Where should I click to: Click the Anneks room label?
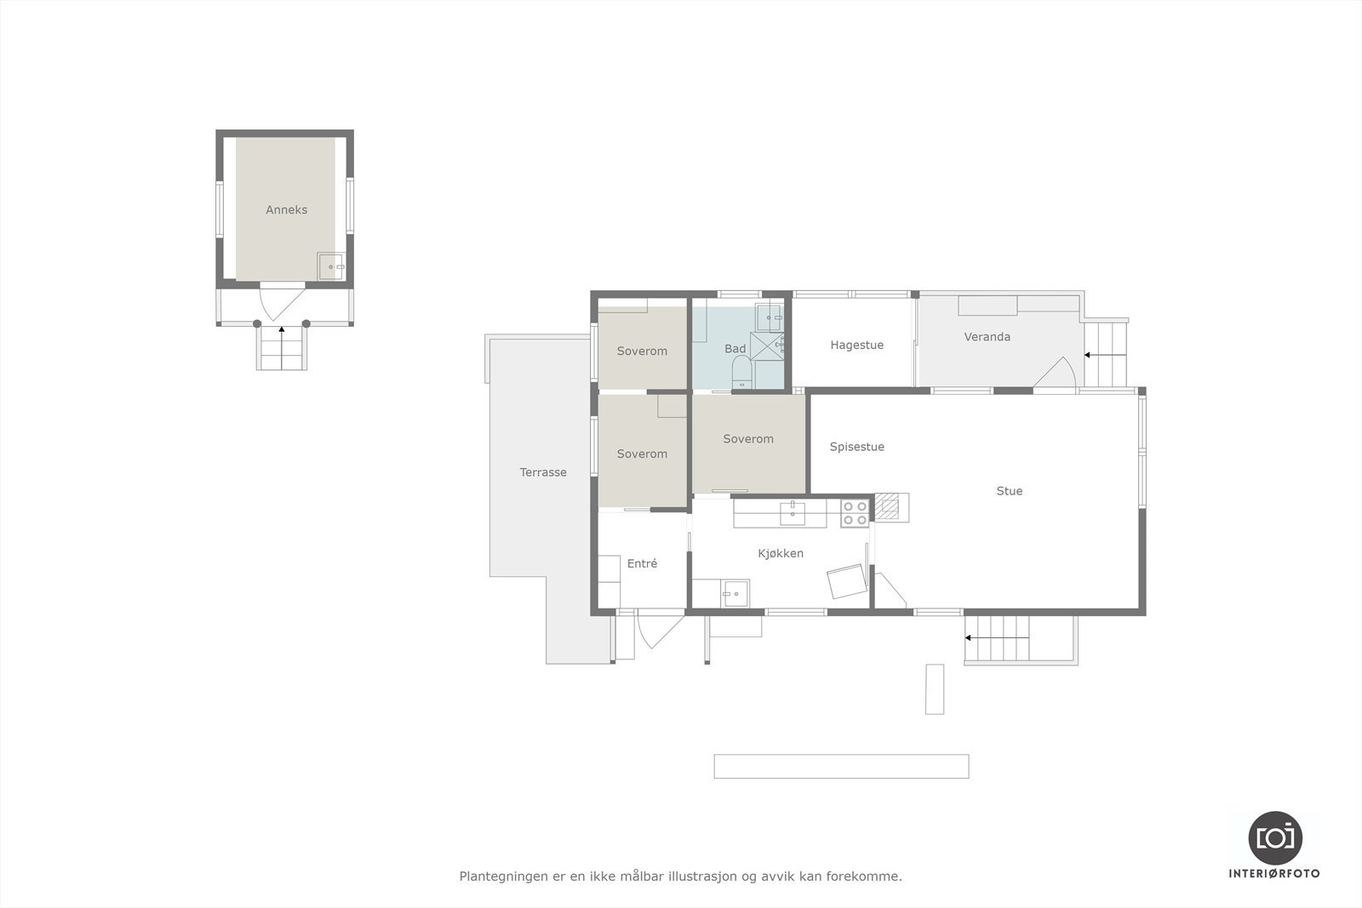tap(286, 209)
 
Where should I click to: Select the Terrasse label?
tap(543, 472)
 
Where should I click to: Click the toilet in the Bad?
tap(741, 371)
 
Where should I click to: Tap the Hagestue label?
tap(856, 345)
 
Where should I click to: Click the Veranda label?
tap(987, 337)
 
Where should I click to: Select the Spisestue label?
tap(856, 447)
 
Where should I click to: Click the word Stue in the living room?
tap(1009, 491)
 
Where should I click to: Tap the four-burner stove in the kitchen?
tap(855, 512)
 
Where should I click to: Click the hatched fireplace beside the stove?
tap(888, 508)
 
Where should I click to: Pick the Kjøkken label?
tap(781, 553)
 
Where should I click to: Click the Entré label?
tap(642, 563)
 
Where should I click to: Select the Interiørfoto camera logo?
tap(1274, 837)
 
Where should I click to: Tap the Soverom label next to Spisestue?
tap(748, 439)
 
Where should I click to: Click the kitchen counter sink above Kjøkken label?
tap(793, 511)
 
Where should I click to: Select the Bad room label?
tap(735, 349)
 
